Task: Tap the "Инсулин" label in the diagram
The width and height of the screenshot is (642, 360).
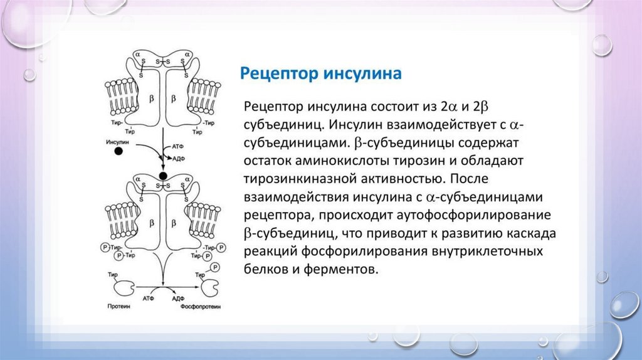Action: point(117,142)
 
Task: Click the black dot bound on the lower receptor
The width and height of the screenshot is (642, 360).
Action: point(163,176)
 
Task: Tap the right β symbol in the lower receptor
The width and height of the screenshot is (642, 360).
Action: point(174,224)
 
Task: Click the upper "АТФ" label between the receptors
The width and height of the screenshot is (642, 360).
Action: point(177,145)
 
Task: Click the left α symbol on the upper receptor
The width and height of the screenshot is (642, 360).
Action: point(137,56)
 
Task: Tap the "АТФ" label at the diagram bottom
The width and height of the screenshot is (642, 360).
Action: point(149,299)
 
